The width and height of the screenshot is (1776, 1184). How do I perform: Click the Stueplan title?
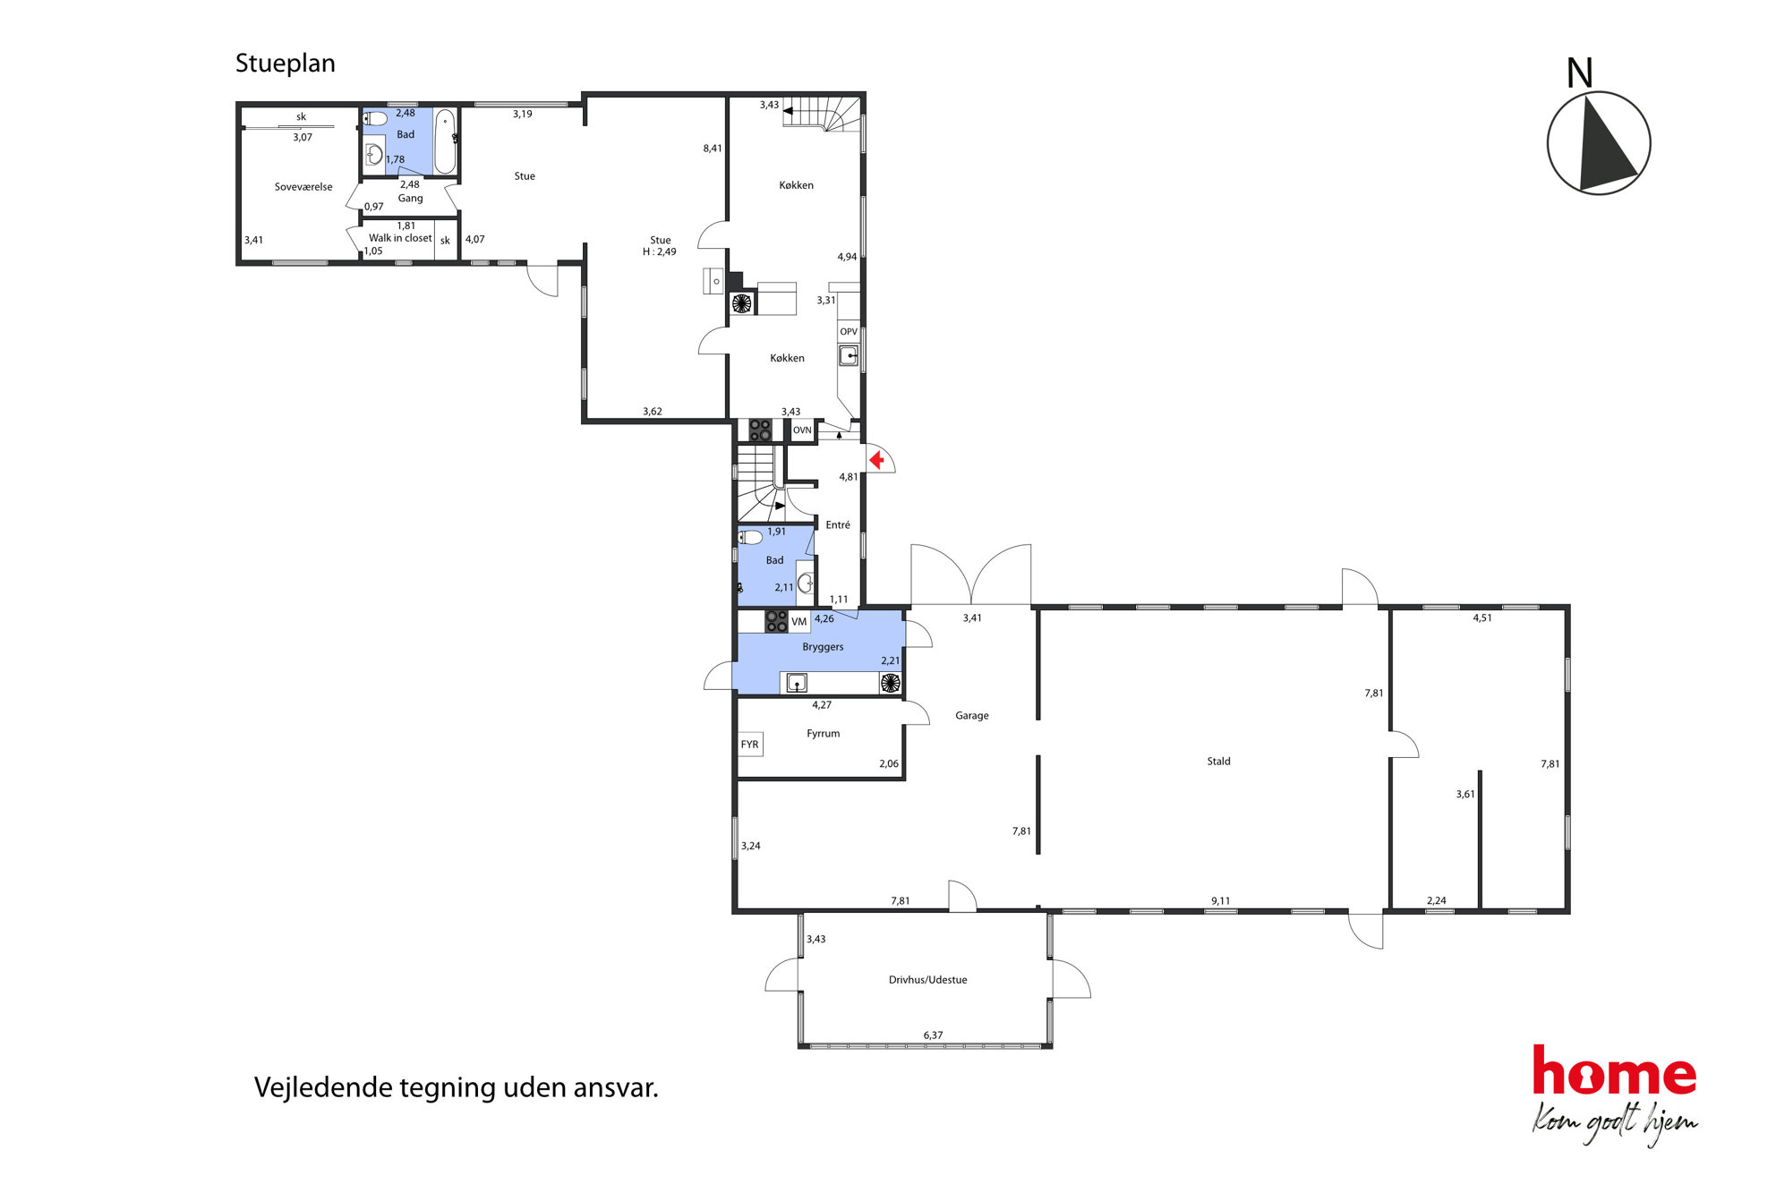pos(285,64)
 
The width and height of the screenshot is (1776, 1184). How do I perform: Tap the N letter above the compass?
pos(1579,73)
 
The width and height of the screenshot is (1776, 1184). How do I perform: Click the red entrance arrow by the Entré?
pos(877,460)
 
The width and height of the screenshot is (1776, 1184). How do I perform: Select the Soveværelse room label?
pos(303,187)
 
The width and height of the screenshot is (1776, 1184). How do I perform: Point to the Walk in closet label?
pos(400,238)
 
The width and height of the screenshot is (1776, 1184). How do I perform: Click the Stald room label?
pos(1218,762)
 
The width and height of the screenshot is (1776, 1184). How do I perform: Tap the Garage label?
pos(971,716)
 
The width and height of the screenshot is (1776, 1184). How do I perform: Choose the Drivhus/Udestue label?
pos(927,980)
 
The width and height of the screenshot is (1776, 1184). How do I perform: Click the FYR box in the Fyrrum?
pos(750,745)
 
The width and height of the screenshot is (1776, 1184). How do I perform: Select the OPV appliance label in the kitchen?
pos(849,332)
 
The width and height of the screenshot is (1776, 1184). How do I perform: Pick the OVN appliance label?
pos(802,430)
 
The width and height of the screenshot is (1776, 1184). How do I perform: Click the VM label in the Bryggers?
pos(799,621)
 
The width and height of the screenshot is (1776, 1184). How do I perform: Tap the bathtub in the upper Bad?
pos(445,141)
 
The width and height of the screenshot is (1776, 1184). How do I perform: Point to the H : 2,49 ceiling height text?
pos(660,252)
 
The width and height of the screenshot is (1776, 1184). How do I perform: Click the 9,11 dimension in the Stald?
pos(1220,901)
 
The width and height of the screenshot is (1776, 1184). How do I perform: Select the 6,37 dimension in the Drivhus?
pos(933,1035)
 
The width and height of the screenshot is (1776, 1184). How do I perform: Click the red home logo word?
pos(1614,1071)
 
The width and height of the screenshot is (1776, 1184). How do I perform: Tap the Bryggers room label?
pos(823,647)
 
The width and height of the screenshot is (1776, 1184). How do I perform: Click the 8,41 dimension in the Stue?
pos(713,149)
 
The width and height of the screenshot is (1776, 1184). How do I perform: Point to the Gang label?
pos(410,199)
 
